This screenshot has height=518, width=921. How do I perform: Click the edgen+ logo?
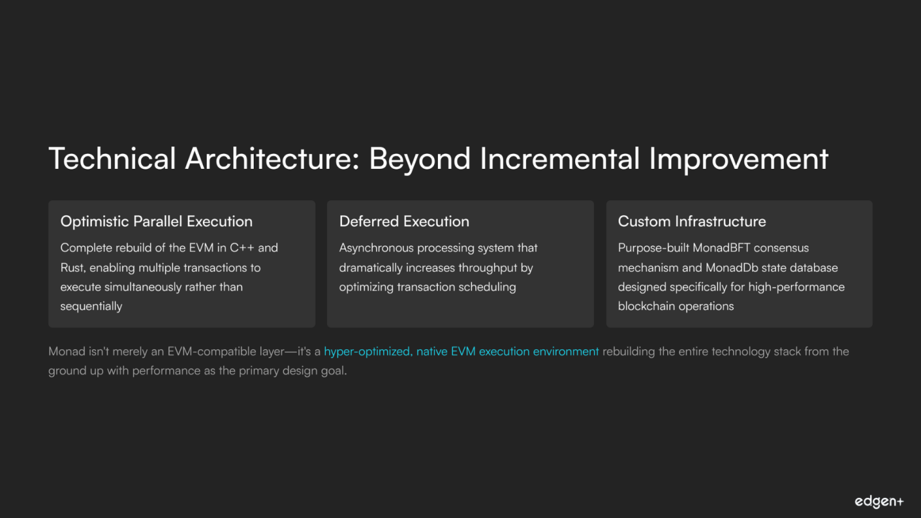pos(879,501)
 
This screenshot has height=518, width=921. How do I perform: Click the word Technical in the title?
pos(112,158)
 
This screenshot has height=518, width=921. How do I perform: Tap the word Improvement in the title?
pos(739,159)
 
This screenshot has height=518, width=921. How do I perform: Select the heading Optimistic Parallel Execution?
pos(157,222)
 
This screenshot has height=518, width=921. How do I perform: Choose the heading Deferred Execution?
pos(404,222)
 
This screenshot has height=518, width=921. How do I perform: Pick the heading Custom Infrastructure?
pos(692,222)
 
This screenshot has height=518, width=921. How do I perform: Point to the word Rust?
pos(73,268)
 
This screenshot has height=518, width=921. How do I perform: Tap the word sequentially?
pos(91,307)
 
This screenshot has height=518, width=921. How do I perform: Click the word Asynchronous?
pos(376,248)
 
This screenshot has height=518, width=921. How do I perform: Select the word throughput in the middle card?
pos(488,268)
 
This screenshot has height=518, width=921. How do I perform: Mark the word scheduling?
pos(487,287)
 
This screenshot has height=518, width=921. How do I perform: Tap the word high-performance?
pos(797,287)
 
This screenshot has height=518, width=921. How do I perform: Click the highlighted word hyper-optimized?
pos(366,352)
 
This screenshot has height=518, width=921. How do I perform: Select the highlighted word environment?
pos(565,351)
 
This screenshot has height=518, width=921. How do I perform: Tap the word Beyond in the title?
pos(419,159)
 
